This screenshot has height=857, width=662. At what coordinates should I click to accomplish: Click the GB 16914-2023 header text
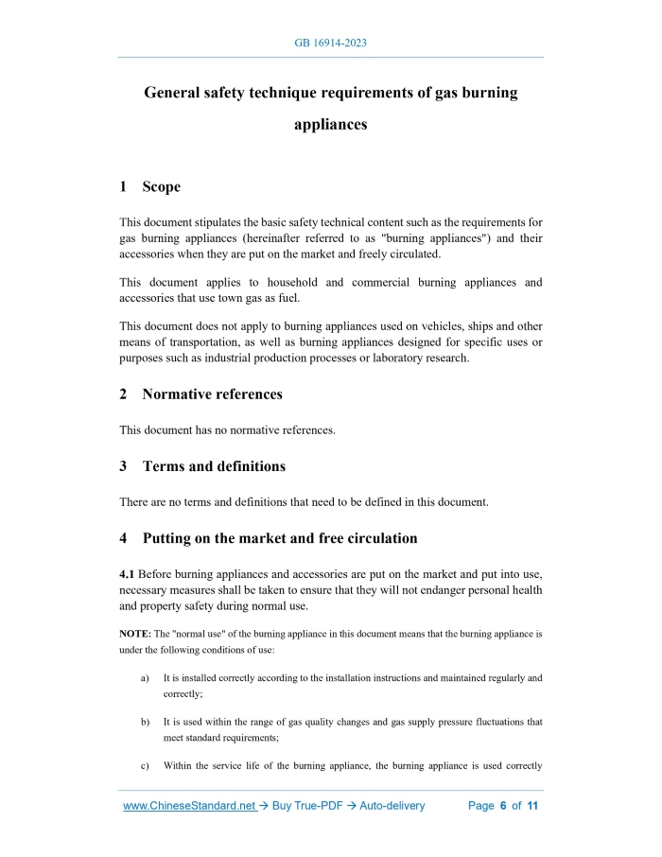click(331, 44)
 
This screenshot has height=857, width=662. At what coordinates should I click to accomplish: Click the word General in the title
click(176, 94)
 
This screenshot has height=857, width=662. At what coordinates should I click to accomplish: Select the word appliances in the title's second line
click(331, 124)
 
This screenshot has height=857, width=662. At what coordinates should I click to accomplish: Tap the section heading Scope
click(162, 186)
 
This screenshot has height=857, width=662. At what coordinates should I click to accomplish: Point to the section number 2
click(124, 394)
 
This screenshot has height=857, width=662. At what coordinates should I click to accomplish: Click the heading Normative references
click(212, 394)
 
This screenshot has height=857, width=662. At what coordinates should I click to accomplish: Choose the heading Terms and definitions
click(214, 466)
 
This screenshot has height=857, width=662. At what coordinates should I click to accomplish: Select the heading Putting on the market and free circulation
click(280, 538)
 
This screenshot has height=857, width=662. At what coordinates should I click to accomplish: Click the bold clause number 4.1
click(129, 574)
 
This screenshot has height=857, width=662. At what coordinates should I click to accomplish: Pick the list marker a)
click(146, 678)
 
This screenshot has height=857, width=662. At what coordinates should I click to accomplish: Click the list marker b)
click(146, 722)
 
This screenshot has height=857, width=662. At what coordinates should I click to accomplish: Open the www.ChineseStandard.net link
click(190, 806)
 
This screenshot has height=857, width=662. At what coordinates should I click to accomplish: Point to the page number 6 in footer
click(503, 806)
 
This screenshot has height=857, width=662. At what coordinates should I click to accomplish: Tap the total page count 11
click(532, 806)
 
